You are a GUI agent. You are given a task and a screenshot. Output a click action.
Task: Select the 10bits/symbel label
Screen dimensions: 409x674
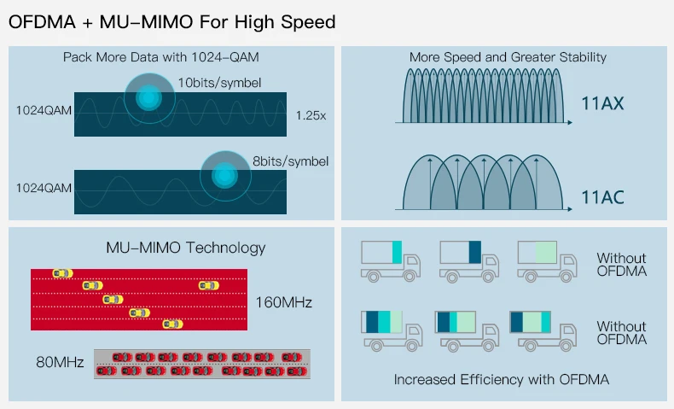pyautogui.click(x=219, y=83)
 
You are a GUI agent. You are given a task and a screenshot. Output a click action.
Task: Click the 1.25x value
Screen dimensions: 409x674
pyautogui.click(x=311, y=114)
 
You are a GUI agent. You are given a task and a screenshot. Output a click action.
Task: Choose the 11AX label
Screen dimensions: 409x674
pyautogui.click(x=603, y=105)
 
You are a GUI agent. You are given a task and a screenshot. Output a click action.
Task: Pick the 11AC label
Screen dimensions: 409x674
pyautogui.click(x=603, y=198)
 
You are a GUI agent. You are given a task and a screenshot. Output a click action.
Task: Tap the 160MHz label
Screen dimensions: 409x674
pyautogui.click(x=283, y=302)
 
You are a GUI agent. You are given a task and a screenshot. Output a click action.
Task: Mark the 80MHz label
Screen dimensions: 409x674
pyautogui.click(x=60, y=363)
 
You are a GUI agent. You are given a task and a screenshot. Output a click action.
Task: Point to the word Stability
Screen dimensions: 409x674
pyautogui.click(x=574, y=57)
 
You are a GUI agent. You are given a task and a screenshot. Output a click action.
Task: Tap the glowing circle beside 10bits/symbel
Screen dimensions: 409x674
pyautogui.click(x=149, y=98)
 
